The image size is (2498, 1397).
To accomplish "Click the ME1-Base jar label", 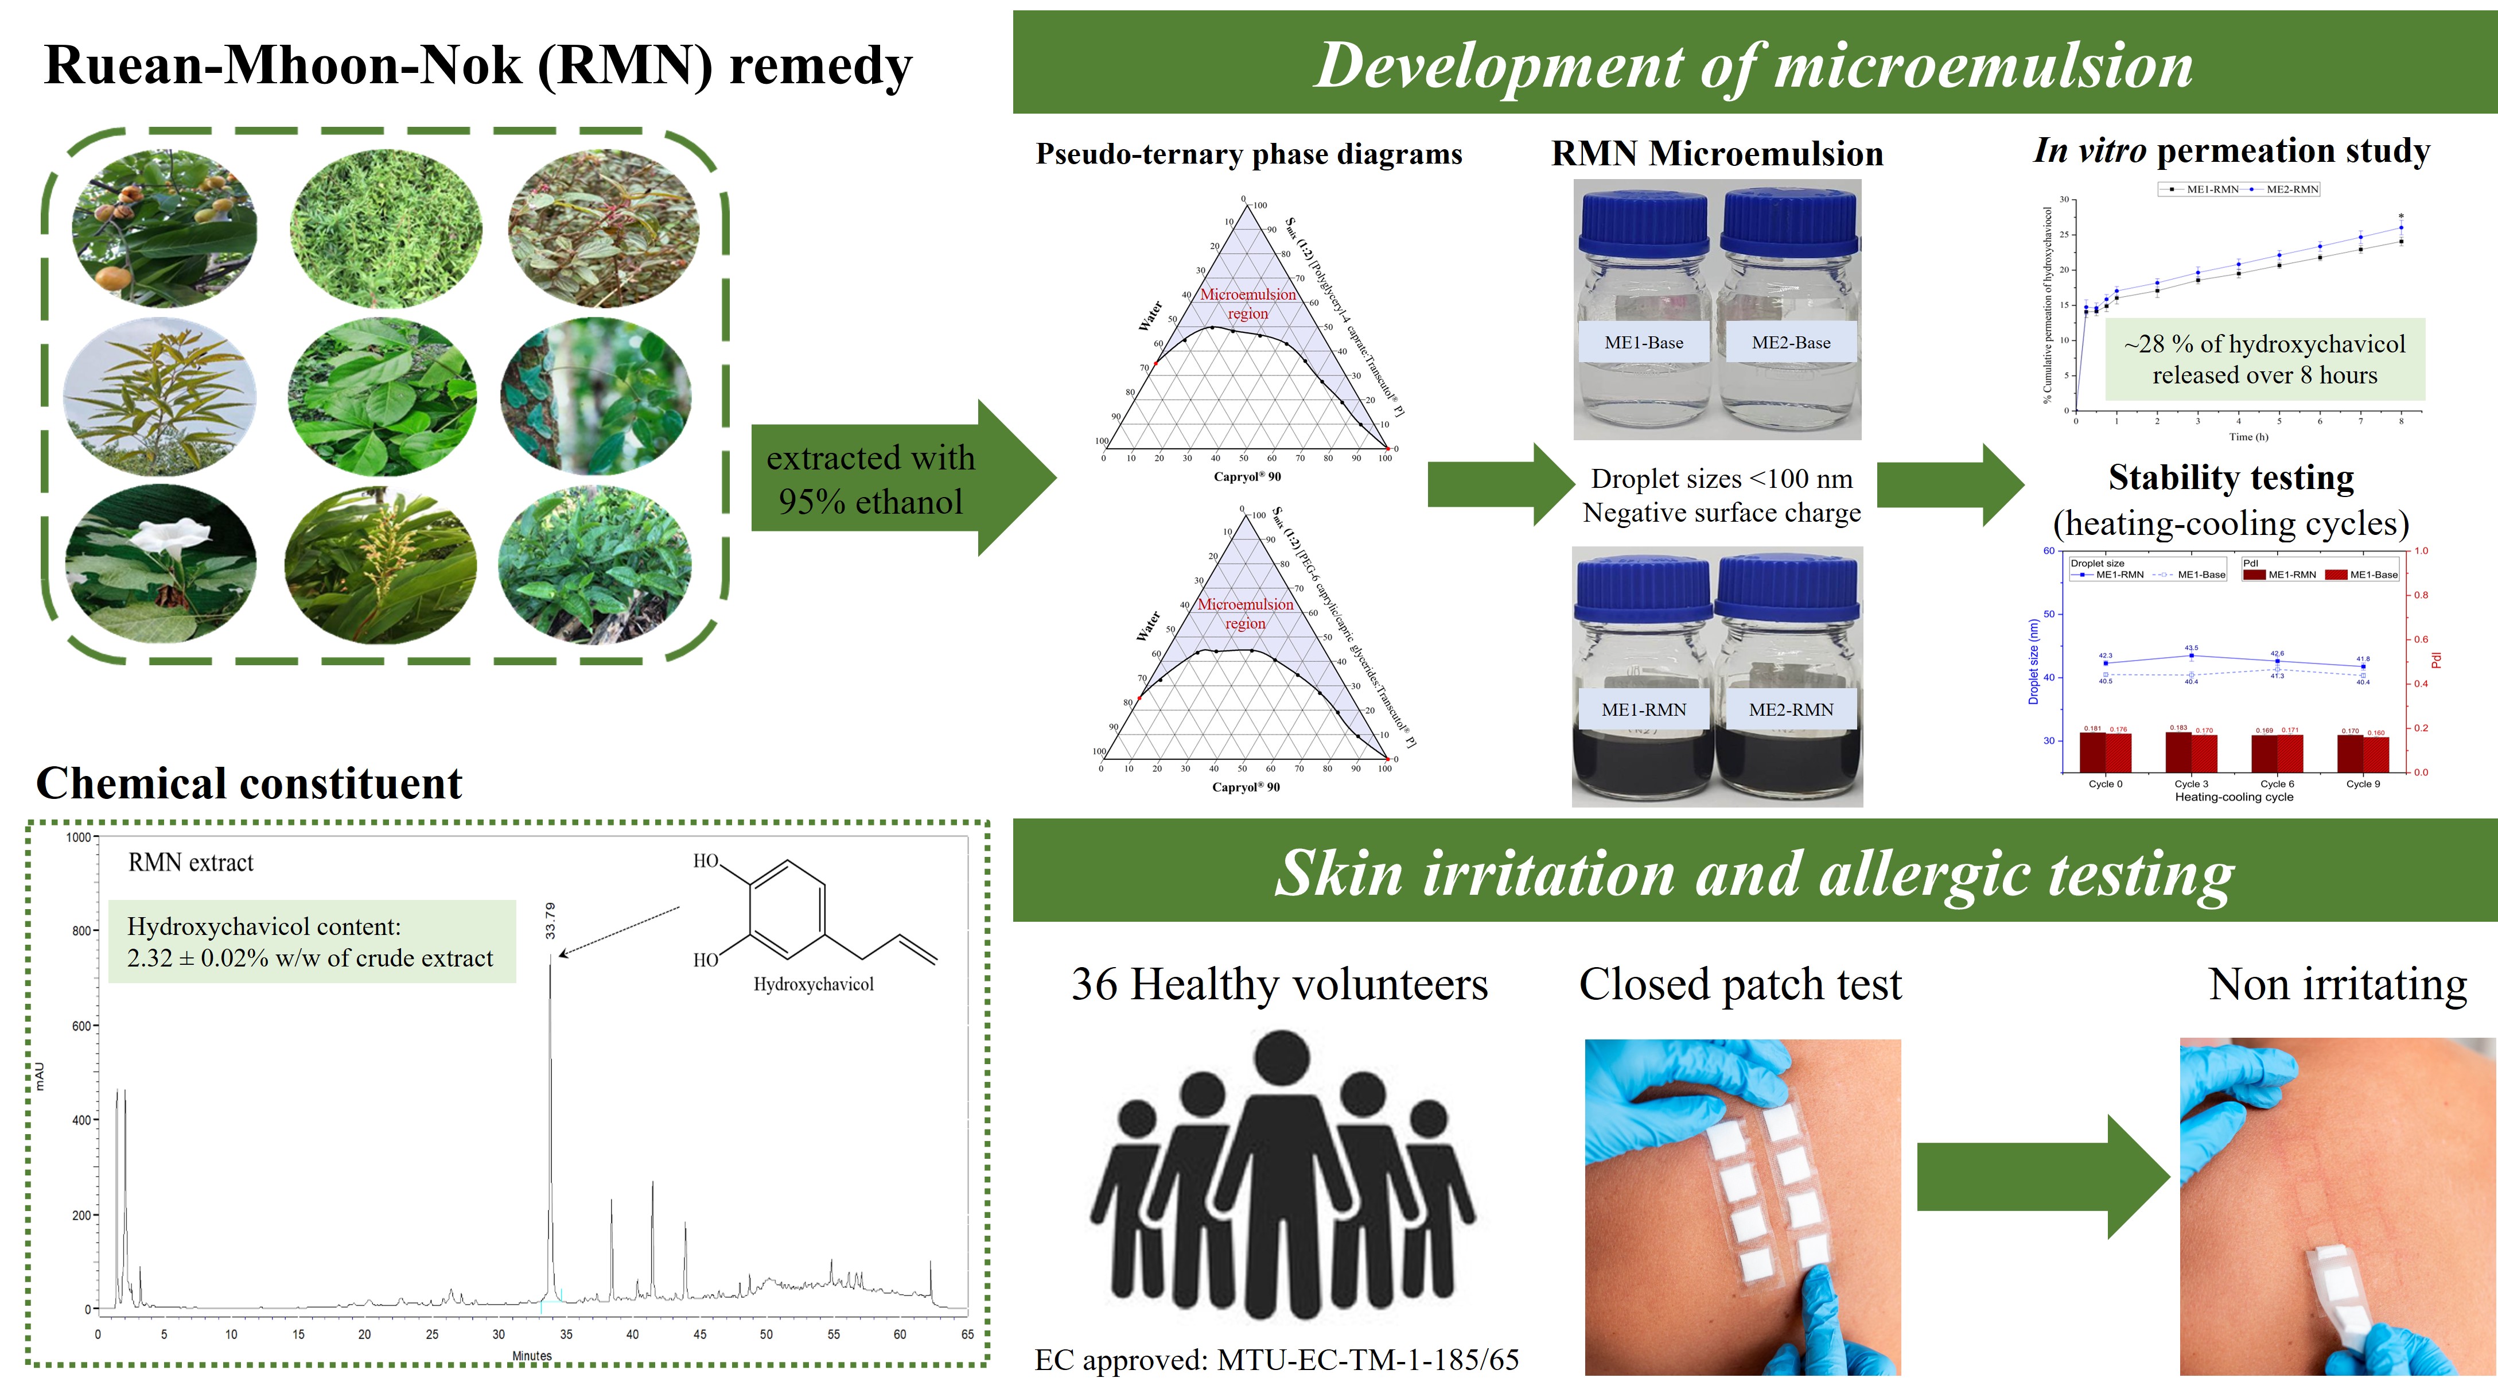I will click(x=1644, y=343).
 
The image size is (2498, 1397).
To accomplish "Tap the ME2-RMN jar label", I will click(x=1791, y=709).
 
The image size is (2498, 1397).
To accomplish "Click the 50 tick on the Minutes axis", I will click(x=766, y=1334).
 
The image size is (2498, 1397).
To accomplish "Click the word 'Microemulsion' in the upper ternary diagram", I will click(x=1248, y=294).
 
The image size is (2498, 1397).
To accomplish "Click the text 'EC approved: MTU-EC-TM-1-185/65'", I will click(x=1276, y=1360).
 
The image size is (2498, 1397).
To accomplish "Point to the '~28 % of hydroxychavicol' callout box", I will click(x=2264, y=359).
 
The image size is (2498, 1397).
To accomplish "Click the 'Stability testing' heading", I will click(x=2231, y=478).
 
